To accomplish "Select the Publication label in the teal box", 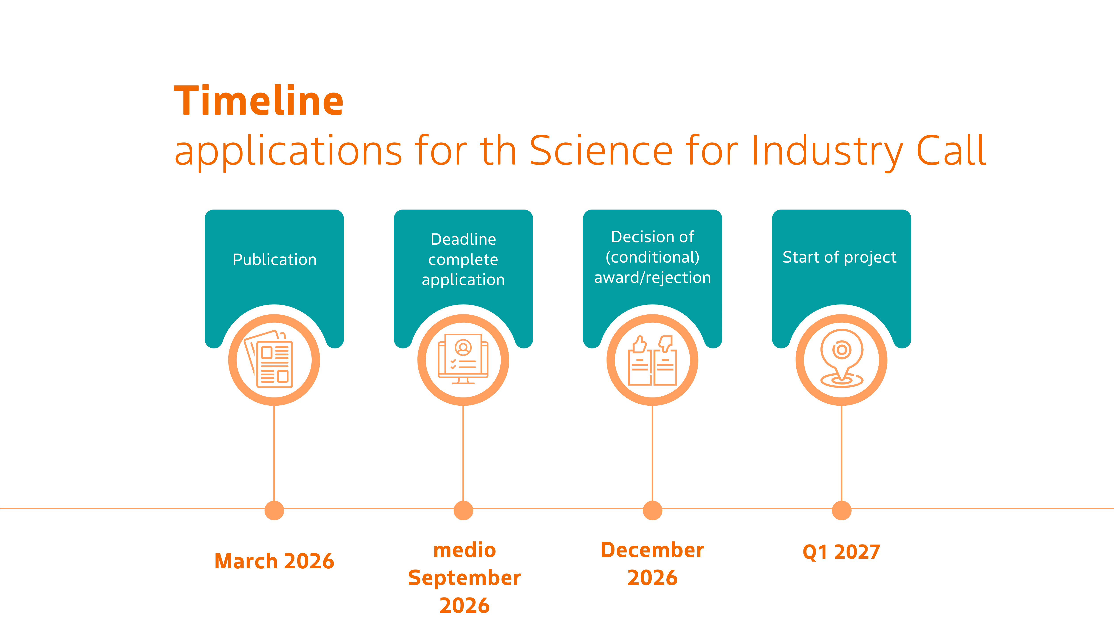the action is point(275,260).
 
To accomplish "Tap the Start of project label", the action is point(839,257).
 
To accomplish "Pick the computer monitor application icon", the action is point(463,359).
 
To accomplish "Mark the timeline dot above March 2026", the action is point(274,510).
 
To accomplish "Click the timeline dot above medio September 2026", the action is point(463,510).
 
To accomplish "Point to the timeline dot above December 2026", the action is point(652,510).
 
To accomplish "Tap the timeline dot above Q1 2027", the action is point(841,510).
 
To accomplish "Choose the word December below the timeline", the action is point(652,550).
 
